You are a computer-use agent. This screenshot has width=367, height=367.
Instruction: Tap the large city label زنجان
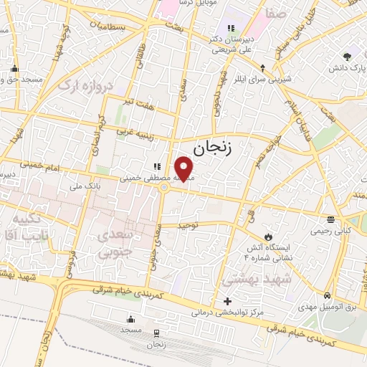pos(214,148)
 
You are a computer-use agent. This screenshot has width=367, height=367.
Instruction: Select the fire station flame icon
pos(269,236)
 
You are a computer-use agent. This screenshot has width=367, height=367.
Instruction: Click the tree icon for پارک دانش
pos(348,56)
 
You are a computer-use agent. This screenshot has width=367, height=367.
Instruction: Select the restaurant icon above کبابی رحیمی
pos(330,219)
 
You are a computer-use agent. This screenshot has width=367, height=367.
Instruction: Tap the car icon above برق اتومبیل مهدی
pos(327,295)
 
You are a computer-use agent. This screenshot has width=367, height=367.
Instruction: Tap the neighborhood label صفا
pos(277,13)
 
